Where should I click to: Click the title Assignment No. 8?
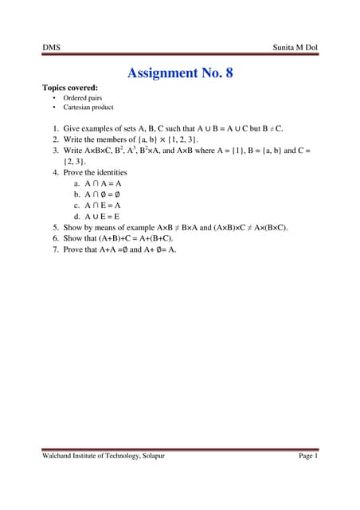pos(180,73)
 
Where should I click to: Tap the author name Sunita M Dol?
pos(293,49)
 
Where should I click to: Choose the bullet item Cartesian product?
pos(88,107)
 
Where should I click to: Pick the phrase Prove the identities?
pos(95,171)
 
